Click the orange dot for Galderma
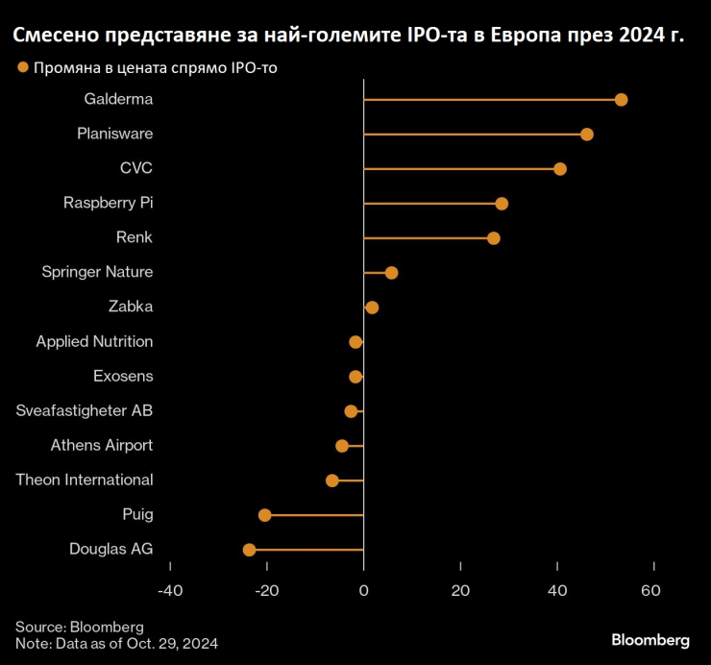(621, 100)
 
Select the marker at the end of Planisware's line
(587, 135)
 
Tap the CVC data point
(560, 169)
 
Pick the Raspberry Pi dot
(502, 204)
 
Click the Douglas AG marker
(249, 550)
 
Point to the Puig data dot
(265, 515)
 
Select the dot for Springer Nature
(391, 273)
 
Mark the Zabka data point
(372, 308)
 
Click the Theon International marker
(332, 480)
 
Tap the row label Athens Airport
(101, 446)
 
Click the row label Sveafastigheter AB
(85, 411)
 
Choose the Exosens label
(123, 377)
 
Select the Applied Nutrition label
(94, 342)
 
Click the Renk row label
(135, 238)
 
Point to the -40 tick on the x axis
(170, 590)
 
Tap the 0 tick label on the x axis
(363, 590)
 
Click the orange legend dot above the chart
(21, 67)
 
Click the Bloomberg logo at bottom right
(650, 640)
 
